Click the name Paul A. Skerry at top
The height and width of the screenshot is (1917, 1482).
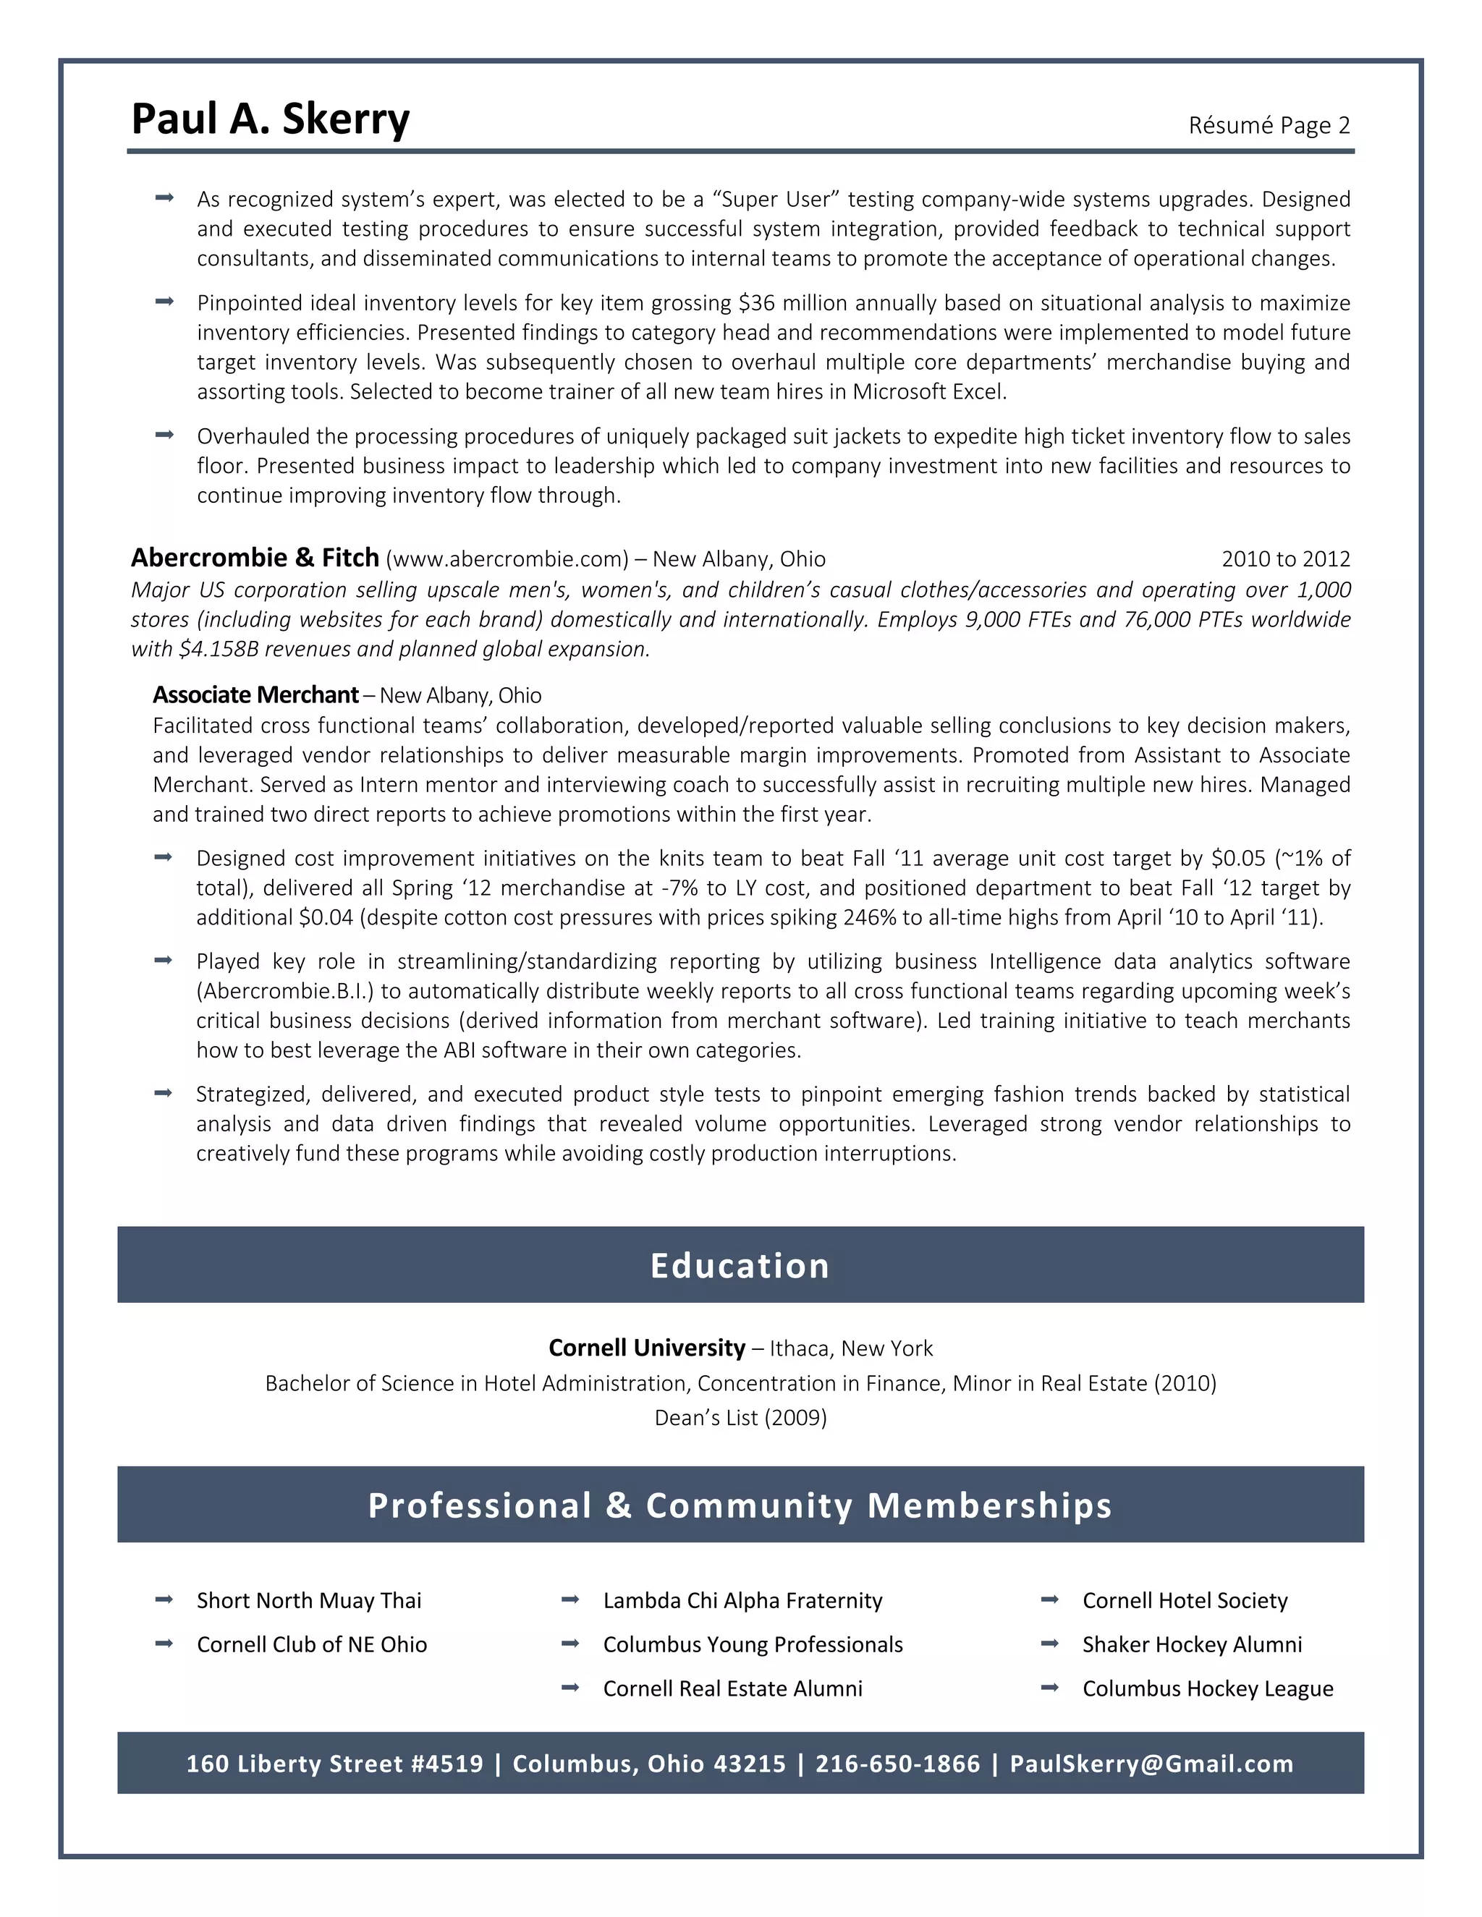point(271,119)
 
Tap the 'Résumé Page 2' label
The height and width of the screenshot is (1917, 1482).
point(1269,126)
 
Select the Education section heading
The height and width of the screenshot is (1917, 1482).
point(740,1266)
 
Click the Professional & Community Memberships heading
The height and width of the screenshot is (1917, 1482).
point(740,1505)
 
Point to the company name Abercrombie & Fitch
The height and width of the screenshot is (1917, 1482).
point(255,558)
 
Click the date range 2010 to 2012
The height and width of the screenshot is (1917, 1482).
point(1285,559)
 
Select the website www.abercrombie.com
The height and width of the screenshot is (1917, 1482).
point(507,559)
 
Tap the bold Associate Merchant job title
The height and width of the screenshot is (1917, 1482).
point(255,695)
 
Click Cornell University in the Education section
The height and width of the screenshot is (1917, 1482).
point(646,1348)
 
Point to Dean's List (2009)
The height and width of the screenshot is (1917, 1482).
point(740,1418)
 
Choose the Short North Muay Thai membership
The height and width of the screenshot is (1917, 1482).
point(309,1600)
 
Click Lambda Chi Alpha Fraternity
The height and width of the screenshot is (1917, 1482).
point(742,1600)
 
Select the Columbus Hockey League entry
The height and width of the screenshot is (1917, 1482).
point(1207,1689)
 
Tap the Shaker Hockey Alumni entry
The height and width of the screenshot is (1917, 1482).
point(1191,1644)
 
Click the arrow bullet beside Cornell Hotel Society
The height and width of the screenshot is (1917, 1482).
point(1049,1599)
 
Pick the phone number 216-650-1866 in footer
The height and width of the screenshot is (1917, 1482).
point(897,1764)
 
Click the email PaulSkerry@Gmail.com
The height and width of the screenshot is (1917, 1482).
point(1151,1764)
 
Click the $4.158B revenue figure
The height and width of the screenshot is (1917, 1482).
point(218,650)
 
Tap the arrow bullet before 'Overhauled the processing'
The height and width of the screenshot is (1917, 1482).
point(164,435)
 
